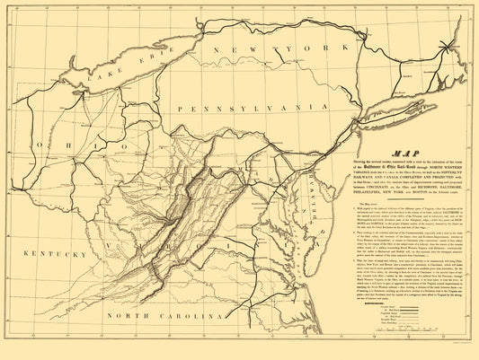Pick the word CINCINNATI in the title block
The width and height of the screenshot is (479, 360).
tap(350, 189)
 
